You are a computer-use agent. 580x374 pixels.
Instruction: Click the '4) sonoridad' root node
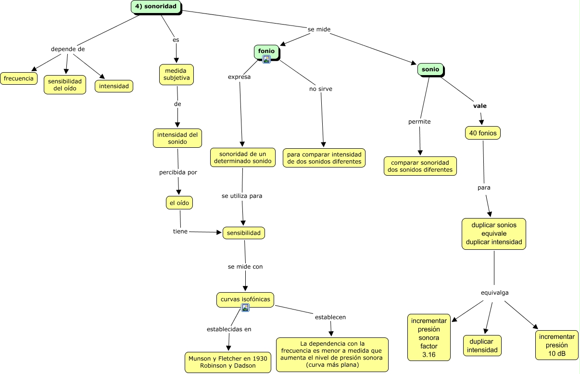tap(156, 7)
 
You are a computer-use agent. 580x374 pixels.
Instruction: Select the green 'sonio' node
tap(430, 69)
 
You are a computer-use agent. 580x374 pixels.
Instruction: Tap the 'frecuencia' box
tap(19, 78)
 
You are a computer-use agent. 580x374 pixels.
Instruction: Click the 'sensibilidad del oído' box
tap(64, 85)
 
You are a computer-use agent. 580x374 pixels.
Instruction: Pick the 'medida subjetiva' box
tap(177, 75)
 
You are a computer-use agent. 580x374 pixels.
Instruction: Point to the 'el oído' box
tap(179, 203)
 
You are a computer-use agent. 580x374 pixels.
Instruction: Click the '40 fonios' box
tap(482, 133)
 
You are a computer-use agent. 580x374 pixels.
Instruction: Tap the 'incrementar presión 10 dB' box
tap(557, 345)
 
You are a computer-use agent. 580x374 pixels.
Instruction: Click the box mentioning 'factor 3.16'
tap(429, 337)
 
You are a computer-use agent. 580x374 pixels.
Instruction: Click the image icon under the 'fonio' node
tap(266, 59)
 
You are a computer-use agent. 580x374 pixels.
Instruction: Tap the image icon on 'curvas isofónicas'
tap(245, 308)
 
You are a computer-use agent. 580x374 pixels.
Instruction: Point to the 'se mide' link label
tap(319, 29)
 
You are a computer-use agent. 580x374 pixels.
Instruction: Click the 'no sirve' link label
tap(321, 89)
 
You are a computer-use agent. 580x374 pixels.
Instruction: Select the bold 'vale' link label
tap(480, 106)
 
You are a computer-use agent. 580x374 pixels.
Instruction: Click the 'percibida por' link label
tap(178, 172)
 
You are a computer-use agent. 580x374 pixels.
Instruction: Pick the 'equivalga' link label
tap(494, 293)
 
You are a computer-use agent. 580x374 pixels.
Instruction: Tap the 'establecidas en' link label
tap(229, 329)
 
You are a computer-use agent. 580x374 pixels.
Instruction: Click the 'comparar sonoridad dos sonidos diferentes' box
tap(420, 166)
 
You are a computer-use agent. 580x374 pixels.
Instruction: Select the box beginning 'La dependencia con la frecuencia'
tap(332, 354)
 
